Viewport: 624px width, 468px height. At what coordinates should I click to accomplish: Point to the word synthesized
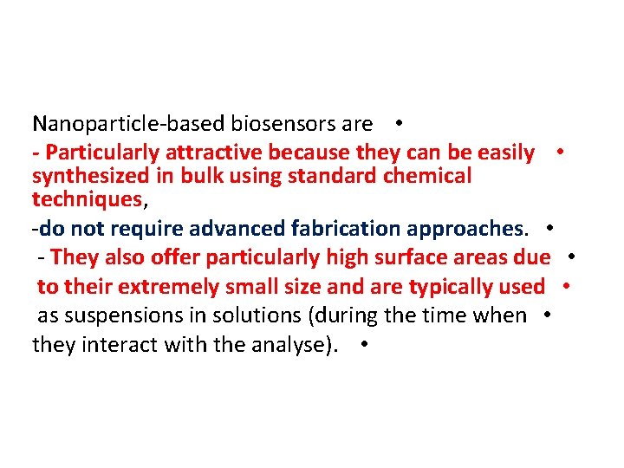[x=90, y=176]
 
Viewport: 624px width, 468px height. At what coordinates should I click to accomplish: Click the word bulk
[x=198, y=176]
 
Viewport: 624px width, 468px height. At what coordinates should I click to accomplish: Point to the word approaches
[x=465, y=230]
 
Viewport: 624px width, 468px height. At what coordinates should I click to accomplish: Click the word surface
[x=413, y=257]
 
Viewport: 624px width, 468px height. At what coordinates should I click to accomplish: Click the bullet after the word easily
[x=562, y=152]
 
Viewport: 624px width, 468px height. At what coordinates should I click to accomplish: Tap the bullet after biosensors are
[x=394, y=123]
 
